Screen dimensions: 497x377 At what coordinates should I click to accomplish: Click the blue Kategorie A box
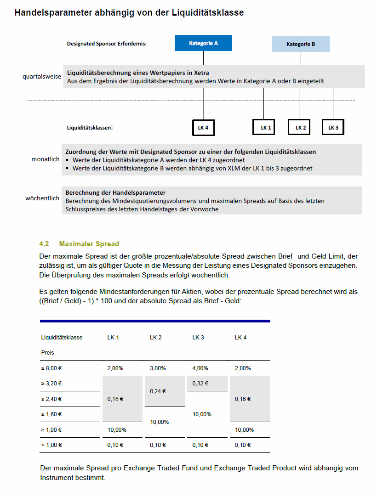[203, 43]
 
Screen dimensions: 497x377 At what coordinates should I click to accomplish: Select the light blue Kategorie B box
[301, 44]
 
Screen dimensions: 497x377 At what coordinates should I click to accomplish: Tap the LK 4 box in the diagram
[203, 127]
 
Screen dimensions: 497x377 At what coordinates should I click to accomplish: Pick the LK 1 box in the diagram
[264, 127]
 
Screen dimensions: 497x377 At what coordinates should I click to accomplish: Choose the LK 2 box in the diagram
[299, 127]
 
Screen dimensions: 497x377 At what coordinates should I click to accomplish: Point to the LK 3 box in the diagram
[333, 127]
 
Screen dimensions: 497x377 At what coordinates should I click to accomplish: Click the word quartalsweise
[42, 76]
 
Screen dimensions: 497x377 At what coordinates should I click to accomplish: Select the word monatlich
[46, 159]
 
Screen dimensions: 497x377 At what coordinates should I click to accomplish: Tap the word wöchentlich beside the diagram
[42, 198]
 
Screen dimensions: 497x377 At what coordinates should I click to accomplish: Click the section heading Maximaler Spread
[89, 244]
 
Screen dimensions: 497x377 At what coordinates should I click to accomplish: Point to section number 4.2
[44, 244]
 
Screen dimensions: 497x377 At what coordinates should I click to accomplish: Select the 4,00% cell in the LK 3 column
[200, 368]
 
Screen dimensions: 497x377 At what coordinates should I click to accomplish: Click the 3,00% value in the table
[158, 368]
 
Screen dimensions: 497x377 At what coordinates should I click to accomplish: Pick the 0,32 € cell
[200, 383]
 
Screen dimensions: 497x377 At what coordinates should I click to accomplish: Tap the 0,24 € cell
[158, 391]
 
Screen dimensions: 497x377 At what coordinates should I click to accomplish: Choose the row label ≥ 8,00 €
[51, 368]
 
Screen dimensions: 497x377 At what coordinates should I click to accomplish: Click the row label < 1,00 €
[51, 445]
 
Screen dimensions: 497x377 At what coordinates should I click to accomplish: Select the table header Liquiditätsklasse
[62, 338]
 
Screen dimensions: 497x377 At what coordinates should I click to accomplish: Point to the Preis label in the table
[47, 353]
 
